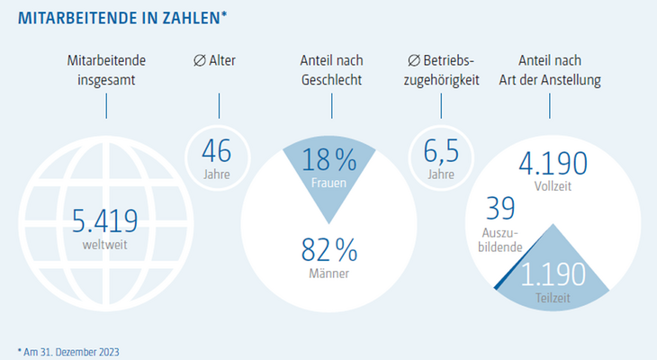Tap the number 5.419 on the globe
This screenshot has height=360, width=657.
pyautogui.click(x=104, y=220)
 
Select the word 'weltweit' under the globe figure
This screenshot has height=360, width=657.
pyautogui.click(x=104, y=245)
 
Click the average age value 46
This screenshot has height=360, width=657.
pyautogui.click(x=217, y=151)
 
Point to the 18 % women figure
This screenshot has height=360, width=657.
pyautogui.click(x=329, y=159)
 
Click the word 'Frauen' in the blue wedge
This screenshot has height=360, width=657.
pyautogui.click(x=328, y=183)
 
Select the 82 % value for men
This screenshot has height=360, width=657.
pyautogui.click(x=329, y=250)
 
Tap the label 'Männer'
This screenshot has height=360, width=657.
pyautogui.click(x=328, y=274)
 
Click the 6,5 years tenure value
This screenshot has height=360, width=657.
pyautogui.click(x=441, y=151)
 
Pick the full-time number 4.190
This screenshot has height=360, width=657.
pyautogui.click(x=553, y=164)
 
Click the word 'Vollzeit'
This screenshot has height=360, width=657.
pyautogui.click(x=553, y=186)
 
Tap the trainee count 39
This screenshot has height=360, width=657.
pyautogui.click(x=500, y=208)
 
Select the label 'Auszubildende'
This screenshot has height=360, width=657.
pyautogui.click(x=500, y=239)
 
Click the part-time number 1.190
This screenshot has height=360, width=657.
pyautogui.click(x=553, y=274)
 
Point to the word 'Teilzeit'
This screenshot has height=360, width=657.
pyautogui.click(x=553, y=298)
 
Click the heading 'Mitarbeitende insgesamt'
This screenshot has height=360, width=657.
pyautogui.click(x=106, y=70)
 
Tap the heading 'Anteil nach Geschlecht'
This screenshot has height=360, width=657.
pyautogui.click(x=331, y=70)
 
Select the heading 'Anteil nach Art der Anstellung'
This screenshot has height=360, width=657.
pyautogui.click(x=550, y=70)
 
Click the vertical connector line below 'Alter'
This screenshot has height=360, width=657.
pyautogui.click(x=219, y=106)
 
